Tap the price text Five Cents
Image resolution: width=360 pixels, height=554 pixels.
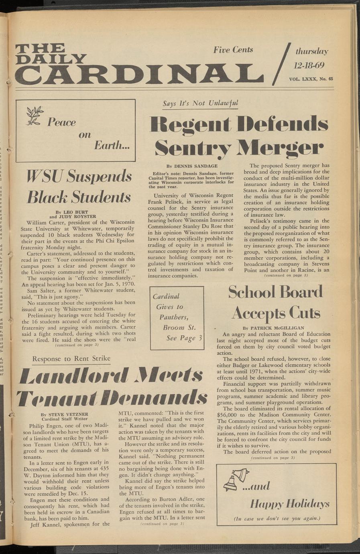233,50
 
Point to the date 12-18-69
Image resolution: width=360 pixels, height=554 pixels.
309,65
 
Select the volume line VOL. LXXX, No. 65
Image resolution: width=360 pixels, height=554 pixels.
311,79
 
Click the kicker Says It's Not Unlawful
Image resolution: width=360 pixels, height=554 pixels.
200,104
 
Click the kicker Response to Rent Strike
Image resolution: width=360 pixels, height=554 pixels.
71,358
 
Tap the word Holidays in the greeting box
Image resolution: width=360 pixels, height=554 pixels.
306,504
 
